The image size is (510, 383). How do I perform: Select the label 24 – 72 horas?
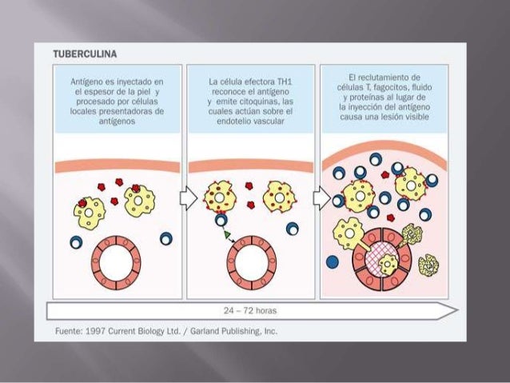pos(252,309)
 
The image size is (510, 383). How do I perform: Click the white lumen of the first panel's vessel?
pos(118,262)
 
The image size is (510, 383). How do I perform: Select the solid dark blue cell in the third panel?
pos(332,261)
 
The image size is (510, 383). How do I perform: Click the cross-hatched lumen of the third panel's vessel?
pos(381,262)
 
